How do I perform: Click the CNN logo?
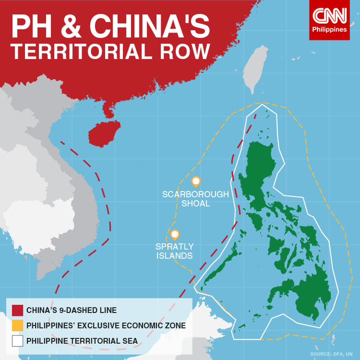[x=329, y=16]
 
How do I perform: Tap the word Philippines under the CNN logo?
[x=329, y=29]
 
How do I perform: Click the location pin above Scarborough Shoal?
[x=196, y=181]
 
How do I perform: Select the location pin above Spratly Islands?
[x=174, y=234]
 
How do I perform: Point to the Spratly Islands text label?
[x=174, y=251]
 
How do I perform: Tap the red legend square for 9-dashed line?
[x=17, y=310]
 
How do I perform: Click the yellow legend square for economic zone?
[x=17, y=325]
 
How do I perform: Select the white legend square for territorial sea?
[x=17, y=341]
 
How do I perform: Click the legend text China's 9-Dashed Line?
[x=71, y=310]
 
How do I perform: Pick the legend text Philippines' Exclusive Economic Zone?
[x=106, y=325]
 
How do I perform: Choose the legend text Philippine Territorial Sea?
[x=82, y=341]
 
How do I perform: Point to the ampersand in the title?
[x=73, y=26]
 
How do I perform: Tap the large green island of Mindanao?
[x=305, y=295]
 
